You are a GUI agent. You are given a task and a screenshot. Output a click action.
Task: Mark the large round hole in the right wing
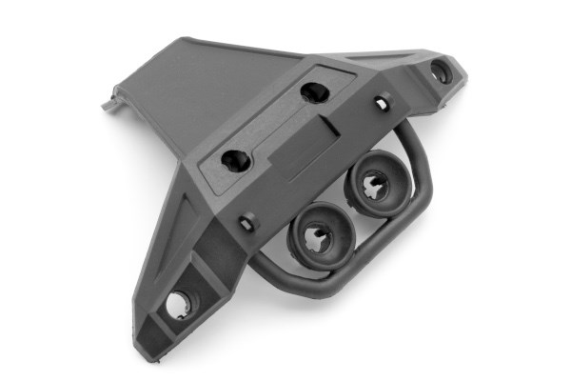(x=440, y=70)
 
